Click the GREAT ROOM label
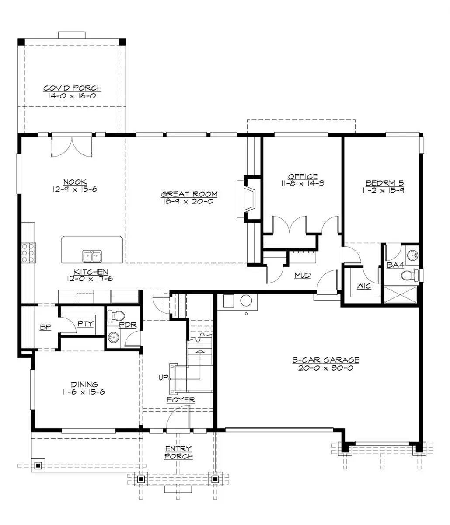[x=189, y=194]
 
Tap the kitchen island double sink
[x=92, y=256]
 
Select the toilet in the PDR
[x=116, y=316]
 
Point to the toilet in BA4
[x=410, y=275]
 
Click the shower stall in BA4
[x=400, y=294]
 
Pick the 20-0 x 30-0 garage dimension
[x=325, y=368]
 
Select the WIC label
[x=364, y=286]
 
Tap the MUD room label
[x=303, y=275]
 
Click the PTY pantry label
[x=86, y=324]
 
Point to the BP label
[x=46, y=327]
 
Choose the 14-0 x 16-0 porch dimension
[x=72, y=96]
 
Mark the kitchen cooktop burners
[x=28, y=253]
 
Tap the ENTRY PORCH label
[x=178, y=452]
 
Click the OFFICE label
[x=303, y=176]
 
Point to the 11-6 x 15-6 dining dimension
[x=84, y=392]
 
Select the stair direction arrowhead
[x=200, y=351]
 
